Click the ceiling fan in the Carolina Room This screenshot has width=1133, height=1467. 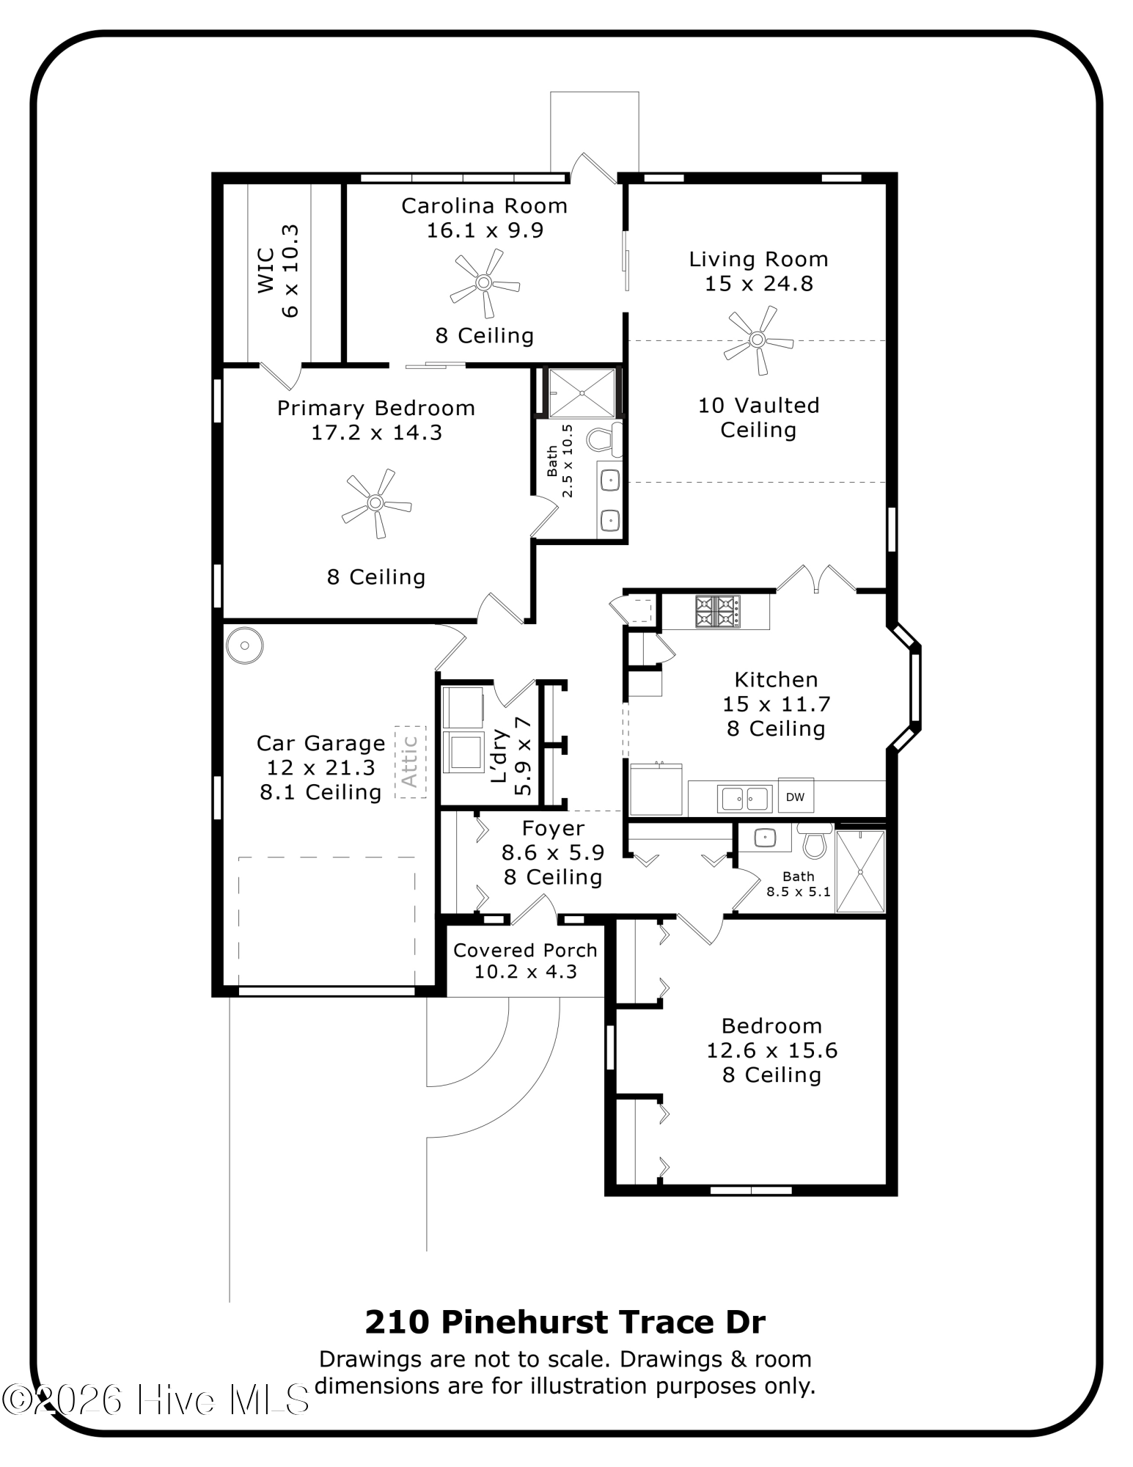[x=483, y=282]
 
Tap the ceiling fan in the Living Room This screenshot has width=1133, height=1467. [x=758, y=340]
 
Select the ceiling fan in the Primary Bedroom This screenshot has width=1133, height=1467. [x=375, y=503]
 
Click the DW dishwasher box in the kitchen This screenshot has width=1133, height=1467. [x=795, y=797]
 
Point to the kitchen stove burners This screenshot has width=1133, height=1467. [x=717, y=612]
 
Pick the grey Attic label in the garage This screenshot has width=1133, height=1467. [x=410, y=761]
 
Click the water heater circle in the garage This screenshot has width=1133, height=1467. [x=244, y=645]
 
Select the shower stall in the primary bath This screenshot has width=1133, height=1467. [x=582, y=393]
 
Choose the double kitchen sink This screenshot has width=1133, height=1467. [x=744, y=797]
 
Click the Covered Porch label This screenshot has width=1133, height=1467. [x=525, y=950]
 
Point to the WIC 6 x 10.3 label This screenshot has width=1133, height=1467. [x=277, y=271]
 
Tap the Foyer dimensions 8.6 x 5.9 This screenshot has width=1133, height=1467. [x=553, y=852]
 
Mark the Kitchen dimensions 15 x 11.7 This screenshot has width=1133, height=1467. [x=777, y=704]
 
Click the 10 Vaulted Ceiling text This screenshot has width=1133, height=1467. [x=758, y=417]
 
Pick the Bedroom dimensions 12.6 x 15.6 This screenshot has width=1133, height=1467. [x=771, y=1050]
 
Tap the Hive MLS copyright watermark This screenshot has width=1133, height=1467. [x=155, y=1400]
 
